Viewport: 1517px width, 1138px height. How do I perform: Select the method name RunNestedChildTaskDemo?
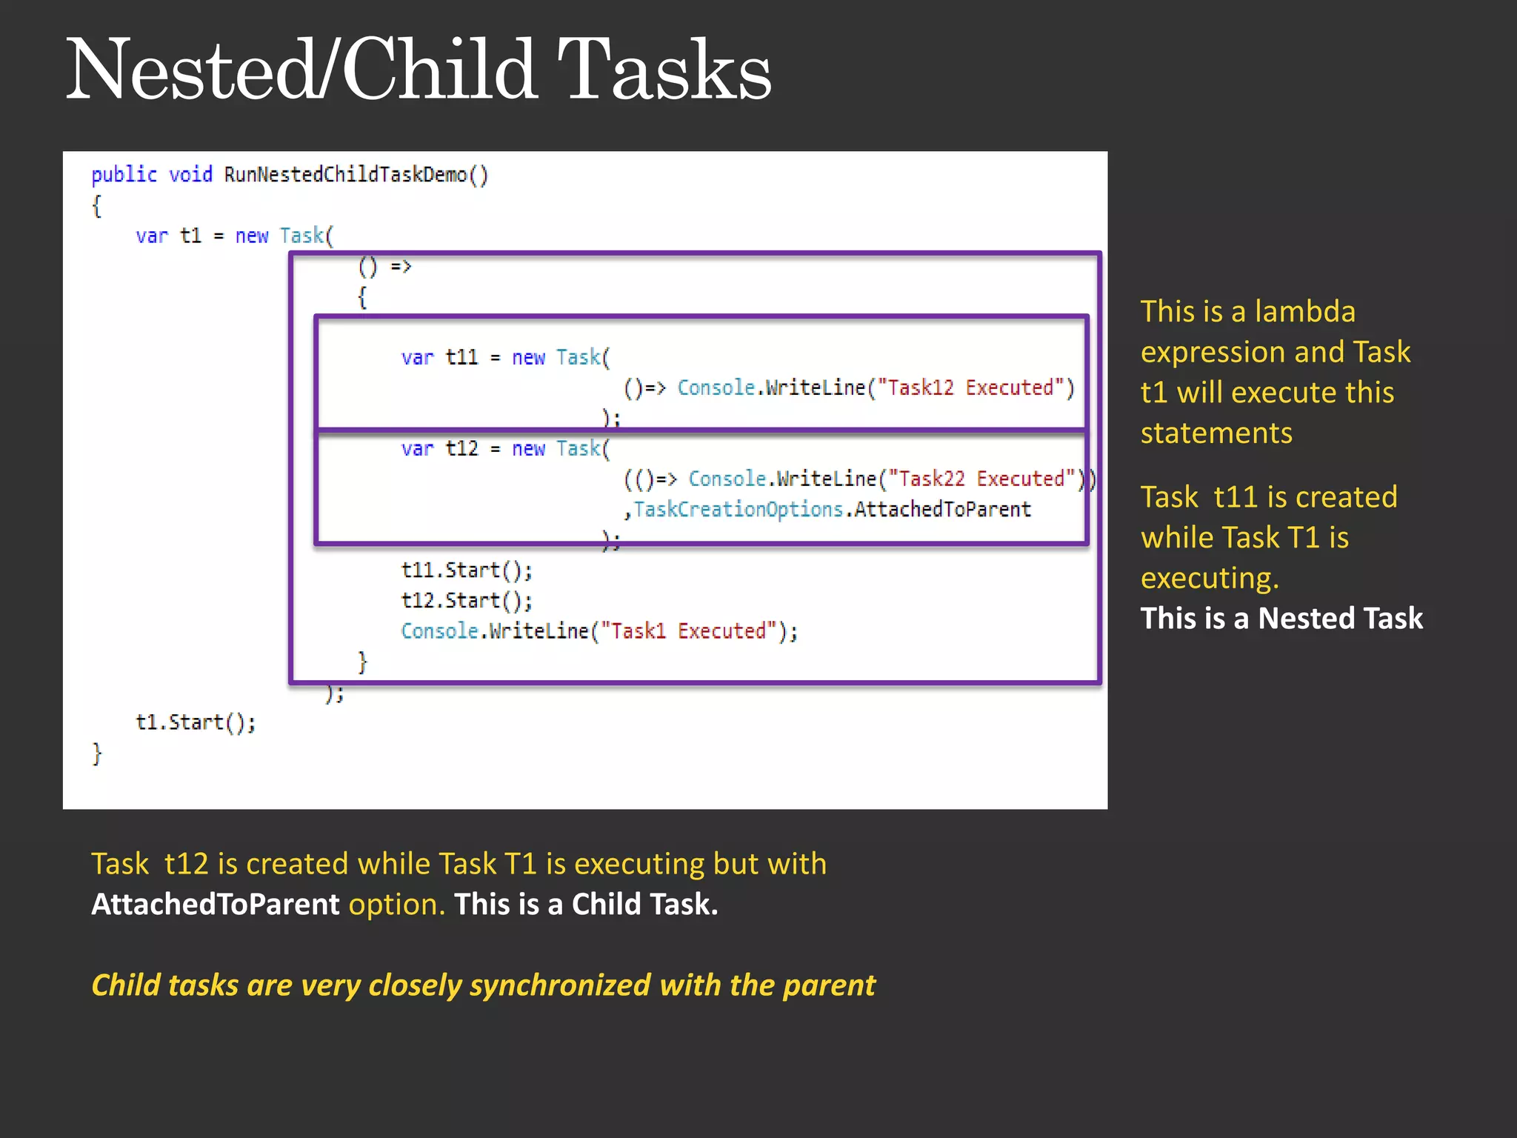345,175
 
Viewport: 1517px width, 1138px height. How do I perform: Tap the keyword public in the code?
124,175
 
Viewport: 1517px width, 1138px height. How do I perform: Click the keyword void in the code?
190,175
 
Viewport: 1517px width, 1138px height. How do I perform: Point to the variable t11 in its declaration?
461,358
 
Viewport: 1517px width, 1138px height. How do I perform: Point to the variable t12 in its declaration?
461,449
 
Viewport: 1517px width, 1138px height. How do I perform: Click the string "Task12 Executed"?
970,388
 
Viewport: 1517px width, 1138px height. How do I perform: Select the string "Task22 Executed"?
981,479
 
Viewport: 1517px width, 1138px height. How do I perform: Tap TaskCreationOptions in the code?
739,510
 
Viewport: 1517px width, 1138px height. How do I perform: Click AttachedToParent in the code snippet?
942,510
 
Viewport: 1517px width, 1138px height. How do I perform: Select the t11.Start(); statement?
467,570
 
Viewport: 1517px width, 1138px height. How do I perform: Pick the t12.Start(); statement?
467,601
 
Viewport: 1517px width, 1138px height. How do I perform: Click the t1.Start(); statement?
196,722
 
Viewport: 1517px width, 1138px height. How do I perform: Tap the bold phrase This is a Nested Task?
1281,618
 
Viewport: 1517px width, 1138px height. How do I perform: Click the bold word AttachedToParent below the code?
215,905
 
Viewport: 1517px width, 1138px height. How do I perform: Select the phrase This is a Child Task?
586,905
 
